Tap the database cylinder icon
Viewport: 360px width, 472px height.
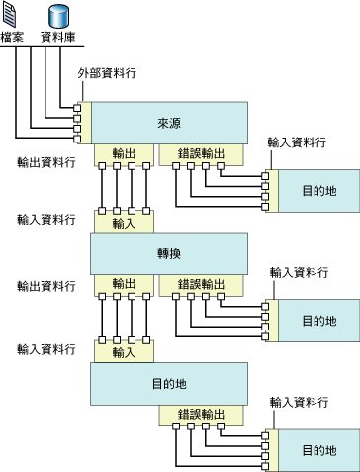pos(58,15)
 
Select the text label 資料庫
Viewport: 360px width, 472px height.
pos(58,37)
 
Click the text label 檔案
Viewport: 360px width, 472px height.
pos(13,37)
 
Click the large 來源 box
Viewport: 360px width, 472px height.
pos(168,123)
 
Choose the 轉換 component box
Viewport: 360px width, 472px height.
pos(168,253)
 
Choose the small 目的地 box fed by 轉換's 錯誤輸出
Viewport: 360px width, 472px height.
pos(317,321)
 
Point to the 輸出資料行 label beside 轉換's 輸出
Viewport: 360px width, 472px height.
pos(45,286)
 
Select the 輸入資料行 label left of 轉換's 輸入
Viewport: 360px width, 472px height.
pos(45,217)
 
